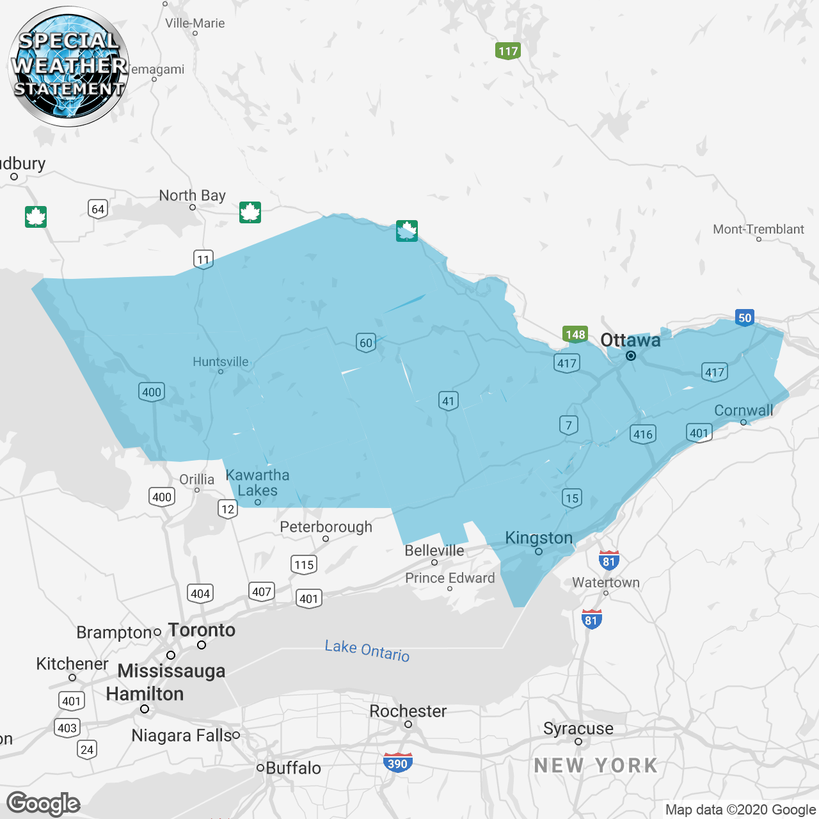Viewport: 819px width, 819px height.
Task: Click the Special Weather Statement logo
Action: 68,66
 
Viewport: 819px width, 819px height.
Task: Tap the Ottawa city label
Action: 630,340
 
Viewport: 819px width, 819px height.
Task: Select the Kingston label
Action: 539,538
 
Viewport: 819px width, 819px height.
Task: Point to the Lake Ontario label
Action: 367,650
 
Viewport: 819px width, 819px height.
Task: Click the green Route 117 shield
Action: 508,51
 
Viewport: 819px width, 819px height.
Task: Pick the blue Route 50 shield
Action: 745,318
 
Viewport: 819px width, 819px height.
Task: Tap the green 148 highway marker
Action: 575,335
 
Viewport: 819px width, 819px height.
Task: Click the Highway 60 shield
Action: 366,342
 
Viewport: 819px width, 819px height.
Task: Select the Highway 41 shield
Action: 449,401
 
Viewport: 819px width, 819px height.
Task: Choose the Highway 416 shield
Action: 642,434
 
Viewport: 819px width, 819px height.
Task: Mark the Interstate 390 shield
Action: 397,763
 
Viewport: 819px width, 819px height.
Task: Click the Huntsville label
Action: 220,362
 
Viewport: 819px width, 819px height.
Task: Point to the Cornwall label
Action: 743,411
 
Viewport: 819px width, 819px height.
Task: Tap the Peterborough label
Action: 326,527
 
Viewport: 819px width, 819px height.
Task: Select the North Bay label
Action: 192,195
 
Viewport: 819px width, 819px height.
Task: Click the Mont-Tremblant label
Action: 758,229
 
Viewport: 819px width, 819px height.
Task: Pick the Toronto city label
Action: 202,630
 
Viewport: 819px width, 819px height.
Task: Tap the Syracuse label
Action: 578,728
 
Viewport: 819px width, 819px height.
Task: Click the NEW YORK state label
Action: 596,765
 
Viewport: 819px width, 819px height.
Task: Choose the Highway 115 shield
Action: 304,564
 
